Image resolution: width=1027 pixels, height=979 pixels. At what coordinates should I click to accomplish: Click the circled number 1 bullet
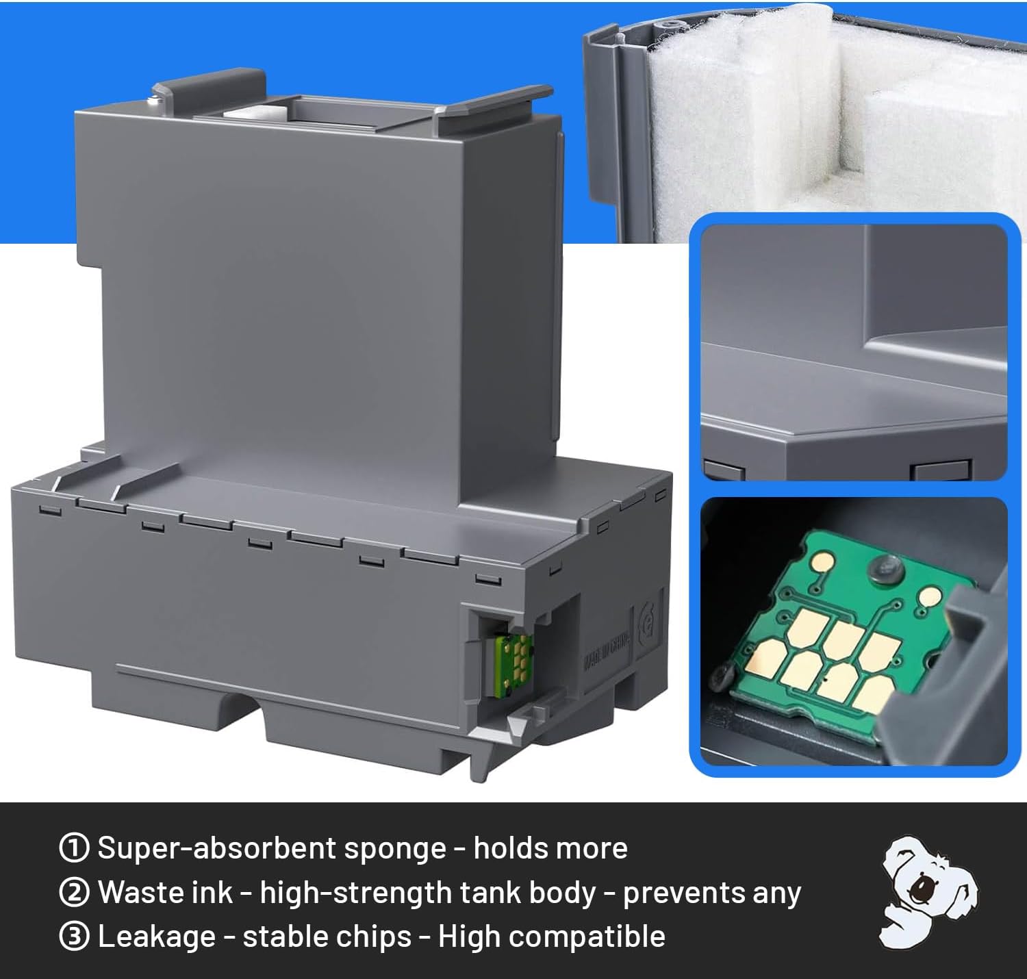click(x=74, y=848)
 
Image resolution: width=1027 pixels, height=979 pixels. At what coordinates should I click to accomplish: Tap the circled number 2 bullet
click(x=74, y=892)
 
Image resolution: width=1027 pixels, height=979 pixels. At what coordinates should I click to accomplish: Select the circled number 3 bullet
click(x=74, y=937)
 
